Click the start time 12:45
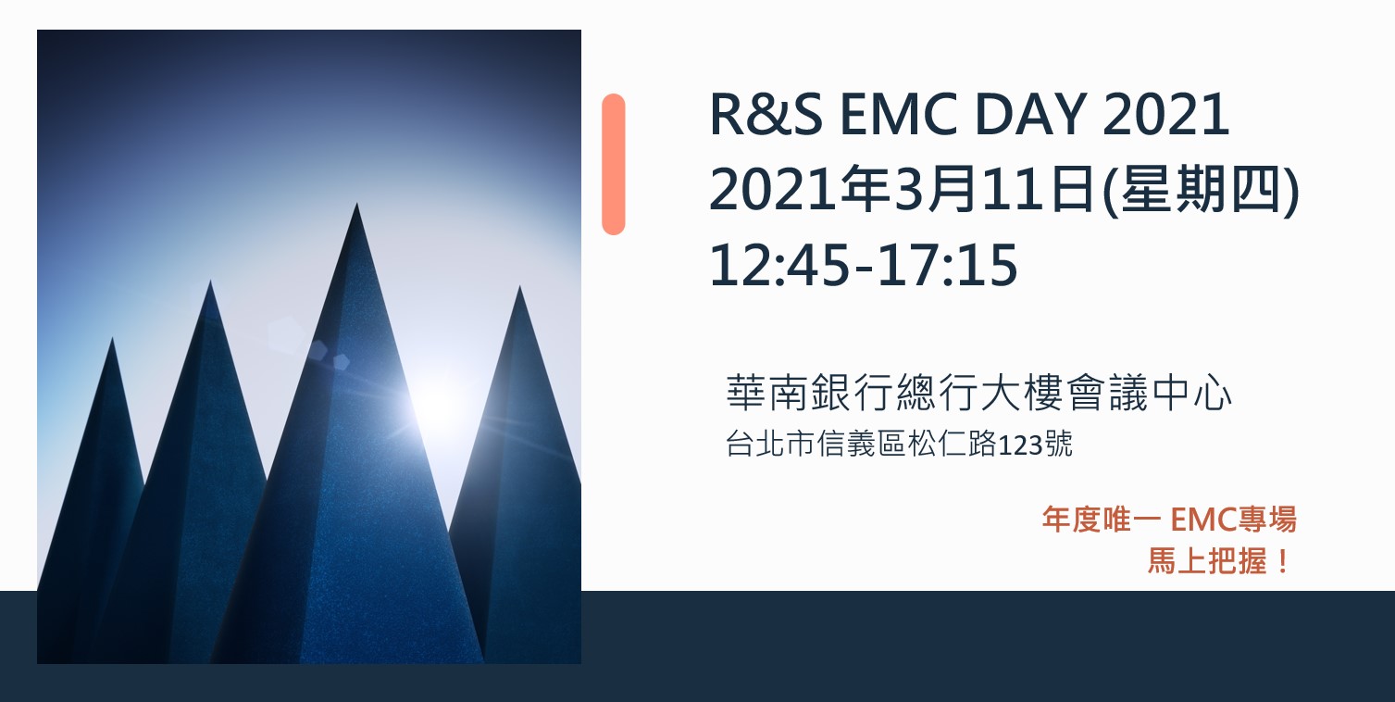(x=779, y=266)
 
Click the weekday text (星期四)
(x=1202, y=189)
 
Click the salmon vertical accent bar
(x=614, y=165)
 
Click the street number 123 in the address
(x=1021, y=445)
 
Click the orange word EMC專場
(x=1234, y=519)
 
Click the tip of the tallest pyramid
(x=356, y=204)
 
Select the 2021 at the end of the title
(x=1165, y=115)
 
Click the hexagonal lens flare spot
(x=286, y=334)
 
